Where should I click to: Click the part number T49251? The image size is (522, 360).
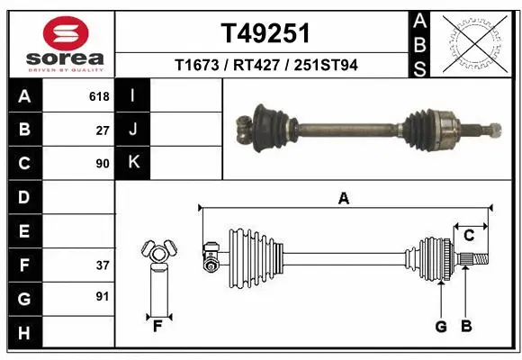coord(265,33)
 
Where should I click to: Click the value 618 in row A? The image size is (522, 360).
coord(99,95)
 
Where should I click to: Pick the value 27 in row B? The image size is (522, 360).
coord(102,130)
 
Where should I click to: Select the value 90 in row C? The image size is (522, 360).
coord(102,164)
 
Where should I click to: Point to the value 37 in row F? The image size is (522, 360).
coord(102,265)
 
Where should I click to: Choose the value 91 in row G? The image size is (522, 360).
coord(102,296)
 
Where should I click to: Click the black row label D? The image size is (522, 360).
coord(23,197)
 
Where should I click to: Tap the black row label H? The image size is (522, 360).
coord(23,334)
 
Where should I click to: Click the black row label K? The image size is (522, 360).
coord(133,163)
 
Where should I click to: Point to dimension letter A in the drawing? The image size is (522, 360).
coord(343,199)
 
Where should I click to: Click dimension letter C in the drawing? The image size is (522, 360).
coord(469,236)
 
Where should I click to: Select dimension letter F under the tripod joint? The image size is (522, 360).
coord(157,326)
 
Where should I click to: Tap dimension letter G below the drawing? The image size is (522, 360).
coord(441,327)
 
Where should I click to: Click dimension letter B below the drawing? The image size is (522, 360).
coord(465,327)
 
